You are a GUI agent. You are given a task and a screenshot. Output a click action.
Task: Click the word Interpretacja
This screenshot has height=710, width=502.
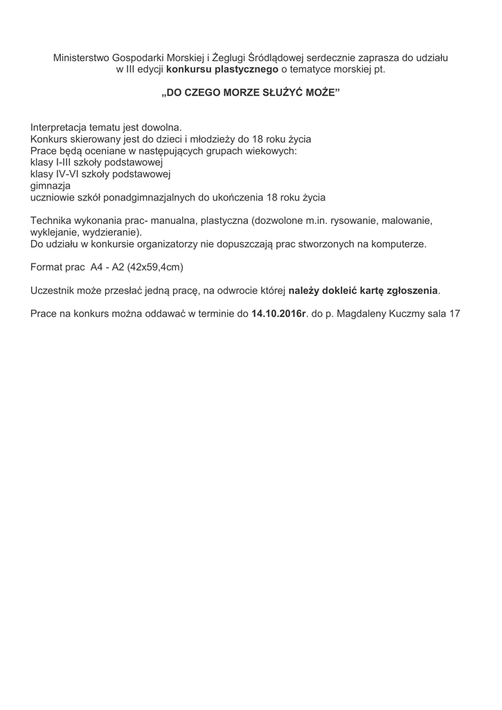coord(61,128)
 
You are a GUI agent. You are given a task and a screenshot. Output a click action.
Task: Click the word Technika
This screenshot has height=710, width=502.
coord(52,220)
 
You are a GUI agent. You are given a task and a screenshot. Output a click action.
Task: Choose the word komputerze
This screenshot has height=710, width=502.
coord(400,244)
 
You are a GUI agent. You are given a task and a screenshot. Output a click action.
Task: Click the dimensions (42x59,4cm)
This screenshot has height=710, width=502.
coord(155,267)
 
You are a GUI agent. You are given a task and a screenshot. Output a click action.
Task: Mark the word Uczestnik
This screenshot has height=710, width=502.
coord(54,290)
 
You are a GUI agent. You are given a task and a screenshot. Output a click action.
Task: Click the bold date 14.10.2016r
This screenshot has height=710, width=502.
coord(278,313)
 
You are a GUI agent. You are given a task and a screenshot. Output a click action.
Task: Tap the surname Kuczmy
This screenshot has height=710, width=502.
coord(406,313)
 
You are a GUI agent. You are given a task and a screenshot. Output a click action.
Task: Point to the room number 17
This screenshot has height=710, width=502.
coord(455,313)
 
